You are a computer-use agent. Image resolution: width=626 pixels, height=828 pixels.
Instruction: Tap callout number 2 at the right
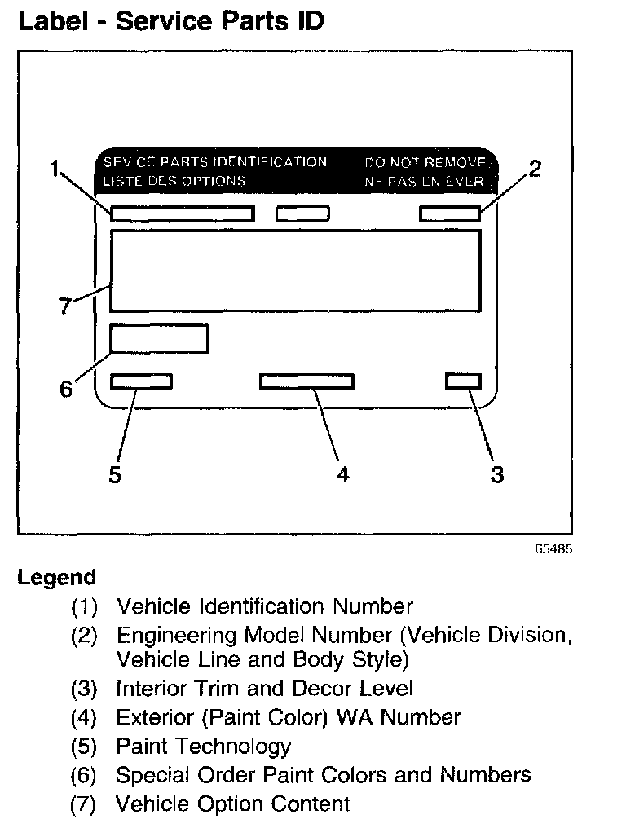(x=535, y=169)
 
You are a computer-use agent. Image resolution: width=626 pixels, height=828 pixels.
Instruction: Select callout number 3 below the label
(x=497, y=474)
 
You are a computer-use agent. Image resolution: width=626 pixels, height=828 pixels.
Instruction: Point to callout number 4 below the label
(x=343, y=474)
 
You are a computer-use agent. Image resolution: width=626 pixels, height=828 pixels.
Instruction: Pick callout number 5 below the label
(x=115, y=474)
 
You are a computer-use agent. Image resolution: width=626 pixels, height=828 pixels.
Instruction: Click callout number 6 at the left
(x=66, y=389)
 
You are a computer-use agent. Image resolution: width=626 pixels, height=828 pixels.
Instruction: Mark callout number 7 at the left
(x=65, y=308)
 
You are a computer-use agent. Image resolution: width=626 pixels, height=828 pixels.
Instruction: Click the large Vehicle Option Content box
(x=294, y=271)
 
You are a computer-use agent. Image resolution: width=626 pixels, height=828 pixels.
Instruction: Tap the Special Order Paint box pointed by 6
(x=159, y=338)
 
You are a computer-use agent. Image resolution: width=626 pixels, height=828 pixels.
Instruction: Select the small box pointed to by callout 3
(x=463, y=381)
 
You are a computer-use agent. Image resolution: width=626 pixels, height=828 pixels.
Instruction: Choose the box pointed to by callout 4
(x=306, y=381)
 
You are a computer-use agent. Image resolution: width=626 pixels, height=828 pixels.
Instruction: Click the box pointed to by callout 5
(x=141, y=381)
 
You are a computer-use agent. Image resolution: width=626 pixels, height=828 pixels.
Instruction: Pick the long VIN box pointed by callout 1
(x=183, y=214)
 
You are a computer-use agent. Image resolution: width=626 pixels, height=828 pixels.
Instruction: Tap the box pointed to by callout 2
(x=449, y=214)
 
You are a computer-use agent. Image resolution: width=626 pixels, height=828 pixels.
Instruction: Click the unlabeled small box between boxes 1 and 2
(x=302, y=214)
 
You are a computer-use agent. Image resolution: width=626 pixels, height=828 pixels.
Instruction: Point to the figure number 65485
(x=554, y=549)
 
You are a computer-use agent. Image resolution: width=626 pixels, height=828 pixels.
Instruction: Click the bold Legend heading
(x=56, y=578)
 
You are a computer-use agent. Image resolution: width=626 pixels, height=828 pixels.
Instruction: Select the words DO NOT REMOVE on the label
(x=425, y=162)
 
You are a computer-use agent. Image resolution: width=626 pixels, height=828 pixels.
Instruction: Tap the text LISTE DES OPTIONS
(x=174, y=181)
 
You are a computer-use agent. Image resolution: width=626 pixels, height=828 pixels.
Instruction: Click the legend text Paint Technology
(x=203, y=746)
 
